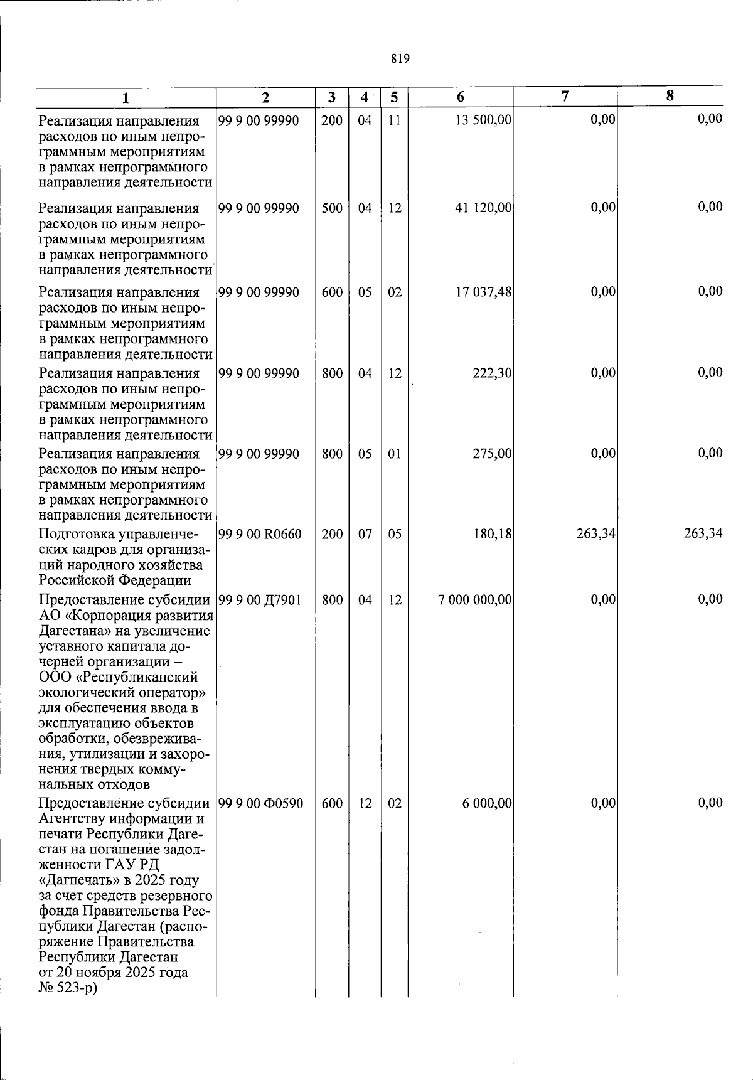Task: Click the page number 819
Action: [x=400, y=59]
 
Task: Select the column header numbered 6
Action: [x=461, y=97]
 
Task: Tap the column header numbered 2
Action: [x=265, y=97]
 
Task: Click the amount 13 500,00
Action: [x=483, y=120]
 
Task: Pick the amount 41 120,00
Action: [x=483, y=208]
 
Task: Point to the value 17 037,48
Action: [x=483, y=292]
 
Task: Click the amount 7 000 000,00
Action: [x=475, y=600]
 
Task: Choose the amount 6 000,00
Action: [x=487, y=803]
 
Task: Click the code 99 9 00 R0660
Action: [x=260, y=534]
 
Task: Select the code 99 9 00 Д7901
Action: [x=260, y=600]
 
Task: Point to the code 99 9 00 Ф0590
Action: [x=260, y=803]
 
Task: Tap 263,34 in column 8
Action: [x=703, y=533]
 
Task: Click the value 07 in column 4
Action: [x=365, y=534]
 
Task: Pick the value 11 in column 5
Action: [x=394, y=120]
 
